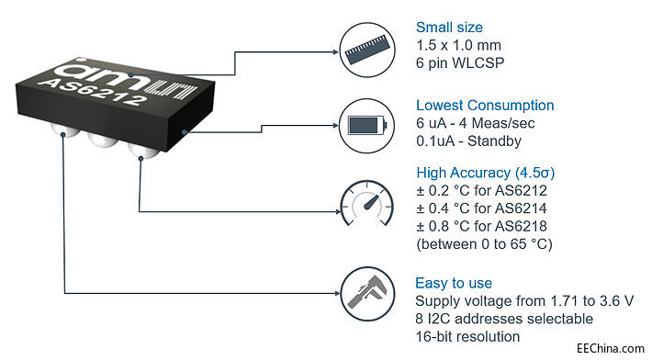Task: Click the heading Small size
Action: coord(449,28)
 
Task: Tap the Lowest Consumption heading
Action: coord(485,106)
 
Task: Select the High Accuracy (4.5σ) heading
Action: coord(485,173)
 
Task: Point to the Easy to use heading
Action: coord(454,283)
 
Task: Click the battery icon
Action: coord(367,125)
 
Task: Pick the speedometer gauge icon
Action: coord(367,204)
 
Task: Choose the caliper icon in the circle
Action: coord(367,294)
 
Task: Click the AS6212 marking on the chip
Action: coord(93,92)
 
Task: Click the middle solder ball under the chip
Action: coord(103,139)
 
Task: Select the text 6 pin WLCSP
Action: coord(460,63)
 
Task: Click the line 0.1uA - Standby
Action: coord(468,141)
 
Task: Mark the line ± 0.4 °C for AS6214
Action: coord(481,208)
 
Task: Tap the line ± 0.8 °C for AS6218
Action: coord(481,226)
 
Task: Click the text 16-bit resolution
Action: coord(467,337)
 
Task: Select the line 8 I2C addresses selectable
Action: coord(504,319)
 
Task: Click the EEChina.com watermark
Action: coord(611,348)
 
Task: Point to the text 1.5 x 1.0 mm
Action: coord(458,45)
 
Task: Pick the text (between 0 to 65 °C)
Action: coord(485,244)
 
